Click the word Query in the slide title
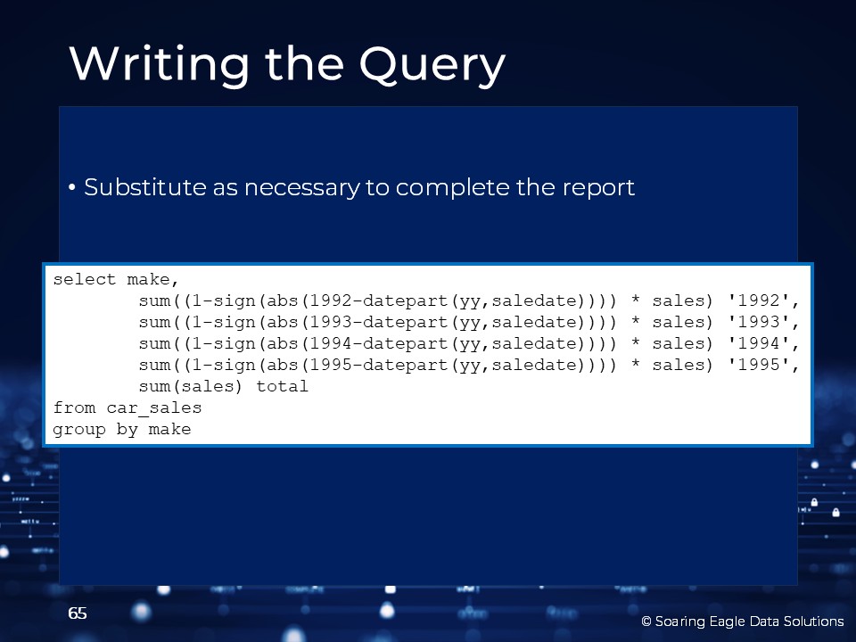click(432, 65)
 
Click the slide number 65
click(78, 613)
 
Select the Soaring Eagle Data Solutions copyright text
click(743, 621)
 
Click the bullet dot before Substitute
click(72, 188)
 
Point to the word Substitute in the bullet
click(145, 187)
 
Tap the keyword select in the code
click(85, 279)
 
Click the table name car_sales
click(154, 408)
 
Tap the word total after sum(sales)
click(283, 386)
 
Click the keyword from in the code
click(74, 407)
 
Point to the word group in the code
click(79, 430)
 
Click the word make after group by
click(169, 429)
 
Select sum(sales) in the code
click(190, 386)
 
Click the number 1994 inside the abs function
click(331, 343)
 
